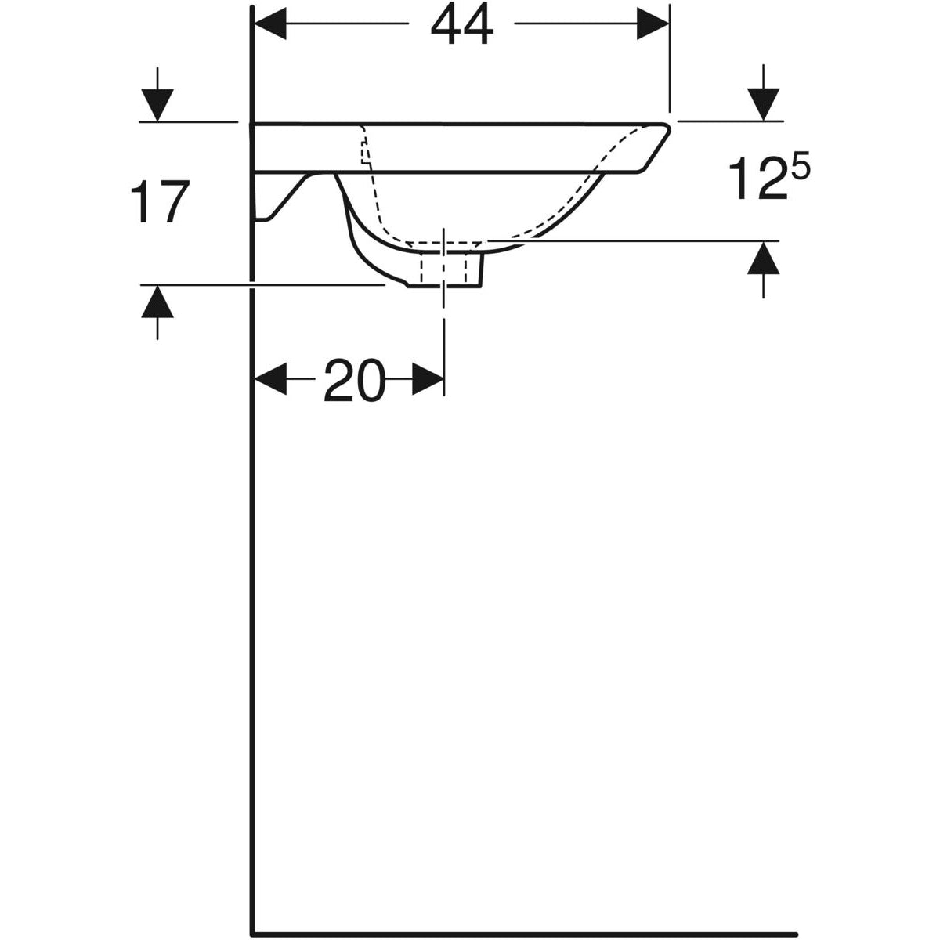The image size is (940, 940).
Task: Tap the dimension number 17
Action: (x=160, y=201)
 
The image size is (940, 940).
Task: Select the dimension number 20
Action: (x=354, y=381)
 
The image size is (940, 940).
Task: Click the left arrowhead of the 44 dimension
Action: (x=270, y=23)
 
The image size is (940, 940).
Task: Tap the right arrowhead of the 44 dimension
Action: (x=653, y=23)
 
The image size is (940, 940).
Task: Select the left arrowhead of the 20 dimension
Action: (x=270, y=379)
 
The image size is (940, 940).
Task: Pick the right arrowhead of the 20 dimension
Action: (x=428, y=379)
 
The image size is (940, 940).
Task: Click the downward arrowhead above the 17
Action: (x=157, y=105)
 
